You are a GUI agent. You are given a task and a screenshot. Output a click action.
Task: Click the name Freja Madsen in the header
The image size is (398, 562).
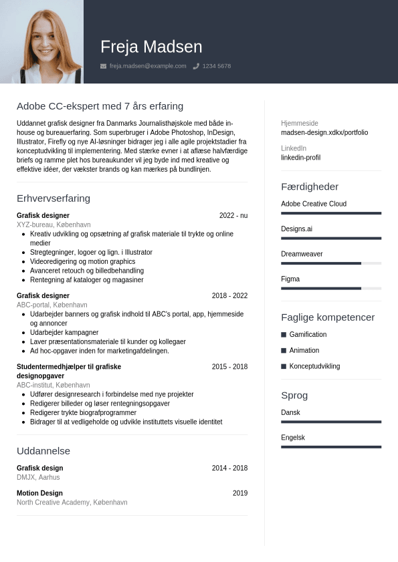(151, 47)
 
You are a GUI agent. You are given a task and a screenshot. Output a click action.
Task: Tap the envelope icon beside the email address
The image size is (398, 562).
(103, 66)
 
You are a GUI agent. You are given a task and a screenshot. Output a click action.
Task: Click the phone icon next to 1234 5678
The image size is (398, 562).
(196, 66)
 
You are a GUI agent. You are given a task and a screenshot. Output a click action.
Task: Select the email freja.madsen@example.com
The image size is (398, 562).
(148, 66)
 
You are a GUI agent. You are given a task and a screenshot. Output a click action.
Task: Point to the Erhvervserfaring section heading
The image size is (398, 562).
(54, 198)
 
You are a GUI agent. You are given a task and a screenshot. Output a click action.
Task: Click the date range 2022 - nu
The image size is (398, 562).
(233, 216)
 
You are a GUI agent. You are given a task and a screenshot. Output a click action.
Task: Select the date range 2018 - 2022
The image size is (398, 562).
(229, 296)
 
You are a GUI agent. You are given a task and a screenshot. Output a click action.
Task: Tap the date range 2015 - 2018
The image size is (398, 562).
(229, 367)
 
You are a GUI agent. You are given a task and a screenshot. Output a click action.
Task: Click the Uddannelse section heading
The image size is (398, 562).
(43, 451)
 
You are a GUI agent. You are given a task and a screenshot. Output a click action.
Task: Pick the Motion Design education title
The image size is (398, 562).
(39, 493)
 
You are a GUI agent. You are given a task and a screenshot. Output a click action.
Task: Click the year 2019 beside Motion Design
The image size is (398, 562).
(240, 493)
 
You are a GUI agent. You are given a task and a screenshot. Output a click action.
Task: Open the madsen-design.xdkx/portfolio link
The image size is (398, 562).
(324, 132)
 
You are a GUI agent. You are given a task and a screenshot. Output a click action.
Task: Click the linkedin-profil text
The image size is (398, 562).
(300, 158)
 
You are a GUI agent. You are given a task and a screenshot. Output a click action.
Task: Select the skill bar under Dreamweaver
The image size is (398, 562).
(331, 263)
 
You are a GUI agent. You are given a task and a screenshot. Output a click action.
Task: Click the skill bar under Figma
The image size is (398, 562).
(331, 288)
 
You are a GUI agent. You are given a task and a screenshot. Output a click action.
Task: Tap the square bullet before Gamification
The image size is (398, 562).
(284, 334)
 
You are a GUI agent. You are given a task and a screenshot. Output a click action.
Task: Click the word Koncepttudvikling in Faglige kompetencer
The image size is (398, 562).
(314, 366)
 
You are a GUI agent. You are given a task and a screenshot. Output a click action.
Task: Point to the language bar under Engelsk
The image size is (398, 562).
(331, 446)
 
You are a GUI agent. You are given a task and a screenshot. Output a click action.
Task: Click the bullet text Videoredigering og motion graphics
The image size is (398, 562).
(82, 261)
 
